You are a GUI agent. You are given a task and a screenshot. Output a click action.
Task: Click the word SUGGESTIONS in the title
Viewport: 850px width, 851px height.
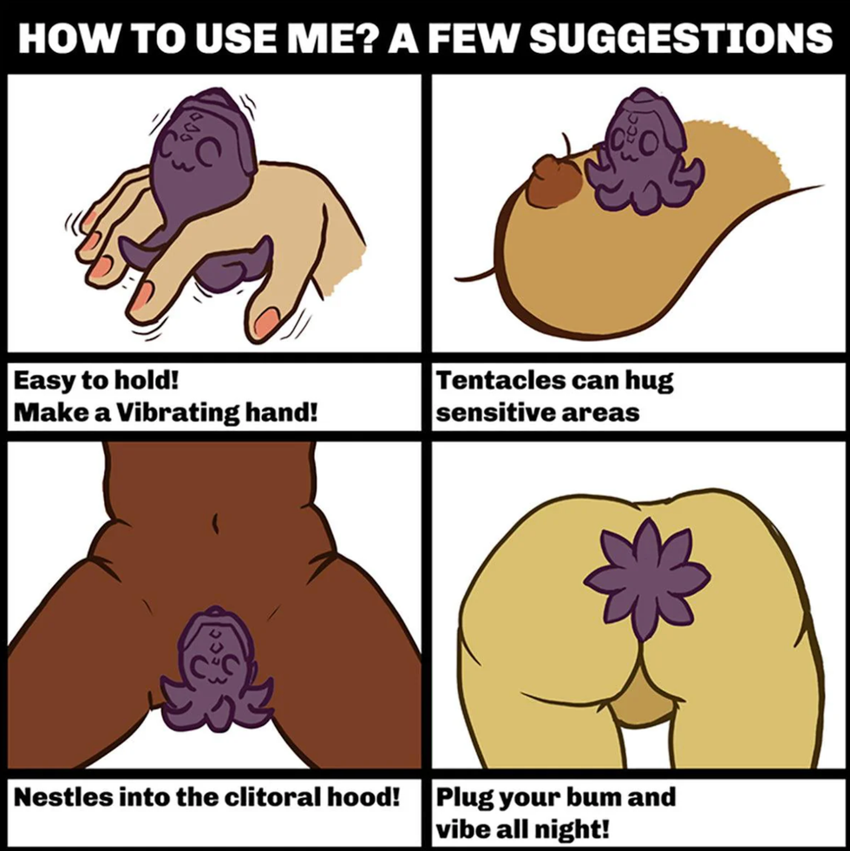click(x=681, y=37)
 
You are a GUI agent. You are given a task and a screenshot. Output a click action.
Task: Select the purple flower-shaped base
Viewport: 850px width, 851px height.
click(x=646, y=578)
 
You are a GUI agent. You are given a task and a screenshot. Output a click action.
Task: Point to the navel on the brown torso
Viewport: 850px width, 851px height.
click(x=215, y=522)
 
